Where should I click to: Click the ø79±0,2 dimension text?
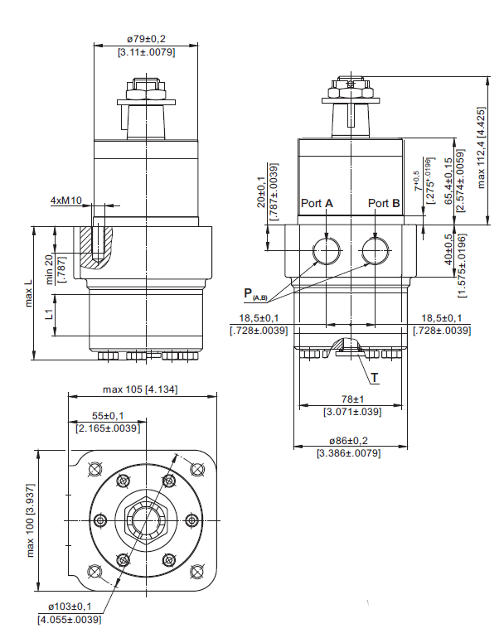(x=146, y=39)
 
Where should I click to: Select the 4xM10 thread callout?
(x=66, y=201)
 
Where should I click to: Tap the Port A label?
(x=317, y=203)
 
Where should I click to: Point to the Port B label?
(x=384, y=203)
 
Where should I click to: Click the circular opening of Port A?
(x=327, y=250)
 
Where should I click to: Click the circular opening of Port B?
(x=376, y=250)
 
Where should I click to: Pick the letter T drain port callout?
(x=375, y=378)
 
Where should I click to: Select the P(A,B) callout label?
(x=255, y=294)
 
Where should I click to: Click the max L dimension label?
(x=28, y=293)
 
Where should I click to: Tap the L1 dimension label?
(x=49, y=314)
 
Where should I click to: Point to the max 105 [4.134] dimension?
(x=140, y=389)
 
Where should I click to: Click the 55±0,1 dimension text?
(x=108, y=416)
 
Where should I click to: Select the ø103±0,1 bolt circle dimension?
(x=70, y=607)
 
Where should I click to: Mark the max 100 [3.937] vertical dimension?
(x=30, y=520)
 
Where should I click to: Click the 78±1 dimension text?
(x=352, y=399)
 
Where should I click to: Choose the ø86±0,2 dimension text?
(x=349, y=441)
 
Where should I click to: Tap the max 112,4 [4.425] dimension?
(x=482, y=147)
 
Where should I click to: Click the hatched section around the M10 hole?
(x=96, y=248)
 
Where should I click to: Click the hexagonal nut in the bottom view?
(x=147, y=521)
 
